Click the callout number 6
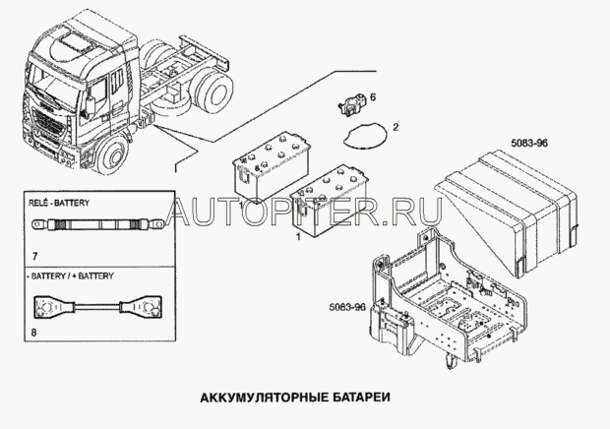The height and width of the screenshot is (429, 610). pyautogui.click(x=373, y=96)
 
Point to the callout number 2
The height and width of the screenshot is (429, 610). pyautogui.click(x=396, y=127)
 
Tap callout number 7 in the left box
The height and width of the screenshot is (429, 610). pyautogui.click(x=35, y=256)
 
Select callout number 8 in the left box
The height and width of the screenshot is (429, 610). pyautogui.click(x=34, y=333)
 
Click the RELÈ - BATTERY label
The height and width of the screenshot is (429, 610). pyautogui.click(x=59, y=203)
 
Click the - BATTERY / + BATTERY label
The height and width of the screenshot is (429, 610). pyautogui.click(x=72, y=276)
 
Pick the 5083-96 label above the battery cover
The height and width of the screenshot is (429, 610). pyautogui.click(x=529, y=143)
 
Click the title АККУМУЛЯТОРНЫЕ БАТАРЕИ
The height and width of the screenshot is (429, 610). pyautogui.click(x=295, y=398)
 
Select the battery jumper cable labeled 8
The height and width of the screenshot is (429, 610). pyautogui.click(x=98, y=306)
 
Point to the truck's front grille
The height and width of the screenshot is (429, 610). pyautogui.click(x=47, y=124)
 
